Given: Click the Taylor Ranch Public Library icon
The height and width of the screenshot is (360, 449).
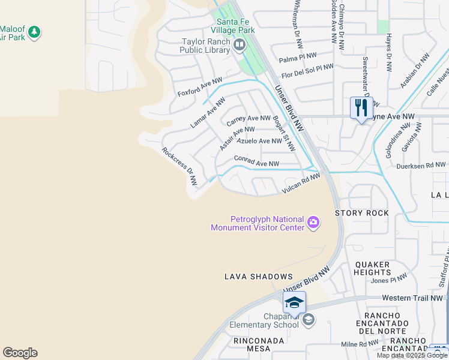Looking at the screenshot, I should point(239,45).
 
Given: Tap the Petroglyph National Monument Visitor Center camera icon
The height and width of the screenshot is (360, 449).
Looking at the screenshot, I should point(313,223).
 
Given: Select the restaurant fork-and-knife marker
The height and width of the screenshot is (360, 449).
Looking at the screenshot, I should point(361,109).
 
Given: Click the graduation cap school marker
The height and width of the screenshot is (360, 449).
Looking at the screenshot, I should point(294,303).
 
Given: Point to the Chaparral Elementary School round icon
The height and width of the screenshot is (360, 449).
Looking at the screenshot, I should point(308,320).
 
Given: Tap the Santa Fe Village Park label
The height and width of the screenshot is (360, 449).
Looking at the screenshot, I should point(235,26).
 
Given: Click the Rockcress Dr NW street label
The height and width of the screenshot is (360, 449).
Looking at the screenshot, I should point(179,166).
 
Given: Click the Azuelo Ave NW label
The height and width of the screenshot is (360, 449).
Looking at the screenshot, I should point(259,141).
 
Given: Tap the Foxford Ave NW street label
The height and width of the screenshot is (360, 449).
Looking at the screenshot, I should point(200,87).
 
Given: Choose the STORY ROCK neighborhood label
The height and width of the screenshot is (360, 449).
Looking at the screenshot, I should point(361,213).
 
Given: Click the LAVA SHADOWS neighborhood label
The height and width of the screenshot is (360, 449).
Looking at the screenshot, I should point(258,277).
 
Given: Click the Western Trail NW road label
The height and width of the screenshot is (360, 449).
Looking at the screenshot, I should point(413,298).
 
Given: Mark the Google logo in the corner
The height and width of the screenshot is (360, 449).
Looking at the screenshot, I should point(20,353).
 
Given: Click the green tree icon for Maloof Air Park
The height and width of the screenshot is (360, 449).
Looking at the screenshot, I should point(34,31).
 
